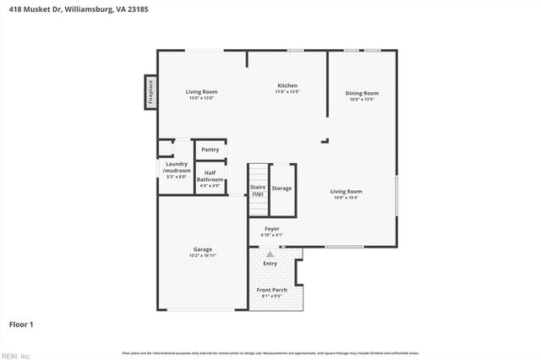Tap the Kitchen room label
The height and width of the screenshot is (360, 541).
coord(288,85)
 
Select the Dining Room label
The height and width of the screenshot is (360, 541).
coord(361,93)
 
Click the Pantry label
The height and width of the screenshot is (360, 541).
coord(210,150)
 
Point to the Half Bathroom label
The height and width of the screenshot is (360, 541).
coord(210,176)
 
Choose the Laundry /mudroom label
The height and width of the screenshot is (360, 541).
coord(176,167)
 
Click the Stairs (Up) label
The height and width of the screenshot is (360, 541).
coord(258,191)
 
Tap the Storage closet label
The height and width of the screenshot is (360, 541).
coord(281,188)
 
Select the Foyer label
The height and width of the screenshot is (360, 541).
coord(272,228)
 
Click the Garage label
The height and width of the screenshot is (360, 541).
coord(202,249)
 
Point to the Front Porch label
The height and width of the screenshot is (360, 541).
coord(271,290)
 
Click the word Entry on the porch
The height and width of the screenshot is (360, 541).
coord(270,264)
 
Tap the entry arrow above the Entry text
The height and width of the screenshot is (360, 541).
coord(270,254)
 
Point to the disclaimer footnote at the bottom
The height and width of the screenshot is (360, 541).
coord(270,352)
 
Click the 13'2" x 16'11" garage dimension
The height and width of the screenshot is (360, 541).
coord(202,255)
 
